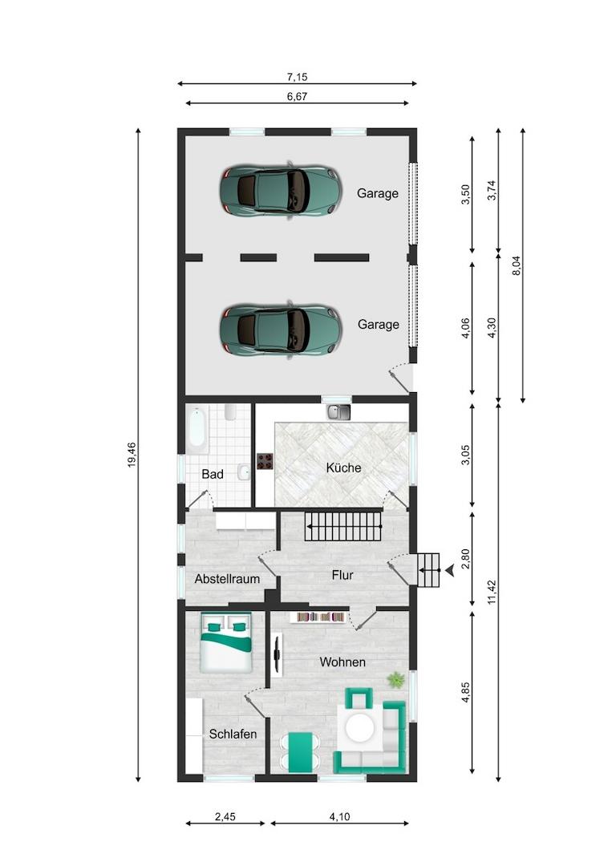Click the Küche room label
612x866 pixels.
pos(343,467)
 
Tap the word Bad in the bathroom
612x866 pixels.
pos(213,474)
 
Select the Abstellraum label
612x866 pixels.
pos(227,579)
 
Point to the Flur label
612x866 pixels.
pos(342,575)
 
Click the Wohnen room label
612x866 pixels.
pos(342,662)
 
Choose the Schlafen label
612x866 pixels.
pos(233,734)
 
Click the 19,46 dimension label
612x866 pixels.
pos(132,455)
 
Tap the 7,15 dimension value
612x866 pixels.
pos(297,77)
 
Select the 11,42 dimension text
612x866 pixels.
pos(492,592)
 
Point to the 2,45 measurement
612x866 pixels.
pos(225,816)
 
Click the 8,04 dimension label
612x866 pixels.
pos(517,265)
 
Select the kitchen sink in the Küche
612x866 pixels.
pos(338,411)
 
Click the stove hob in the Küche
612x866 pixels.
pos(265,461)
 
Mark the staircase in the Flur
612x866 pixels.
pos(343,526)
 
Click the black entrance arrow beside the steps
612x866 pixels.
pos(450,571)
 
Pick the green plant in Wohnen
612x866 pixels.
pos(395,679)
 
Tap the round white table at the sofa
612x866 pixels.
pos(359,728)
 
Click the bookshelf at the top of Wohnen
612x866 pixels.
pos(318,617)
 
